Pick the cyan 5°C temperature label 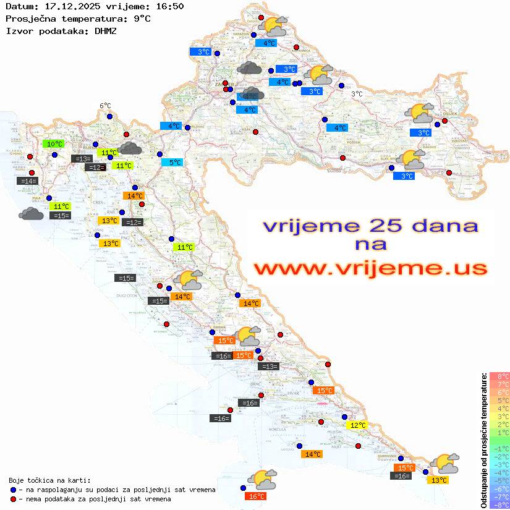172,163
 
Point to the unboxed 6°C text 105,106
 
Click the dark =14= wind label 28,181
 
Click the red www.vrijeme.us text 370,268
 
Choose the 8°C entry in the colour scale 500,376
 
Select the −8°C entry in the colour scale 499,504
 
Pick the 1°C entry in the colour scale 500,432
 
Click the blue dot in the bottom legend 14,490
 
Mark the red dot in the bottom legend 14,499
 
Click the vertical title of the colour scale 484,440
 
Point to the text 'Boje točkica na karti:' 49,480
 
